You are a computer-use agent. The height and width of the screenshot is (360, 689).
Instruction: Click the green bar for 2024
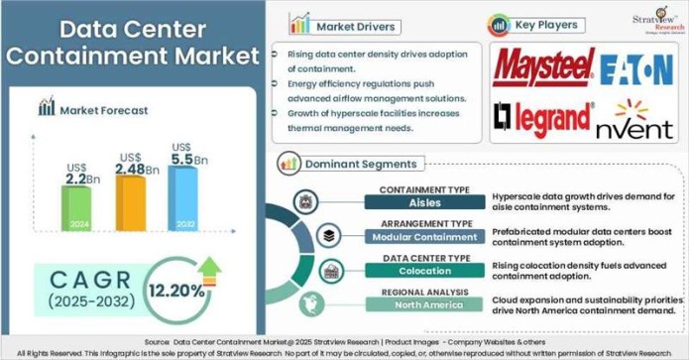click(x=76, y=208)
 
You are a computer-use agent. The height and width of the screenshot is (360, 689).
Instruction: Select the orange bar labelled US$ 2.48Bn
click(x=130, y=202)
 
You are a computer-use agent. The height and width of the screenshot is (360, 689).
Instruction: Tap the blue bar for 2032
click(x=182, y=198)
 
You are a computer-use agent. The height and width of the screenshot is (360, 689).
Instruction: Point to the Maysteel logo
click(x=542, y=67)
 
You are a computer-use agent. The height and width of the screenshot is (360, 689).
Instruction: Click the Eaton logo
click(x=636, y=68)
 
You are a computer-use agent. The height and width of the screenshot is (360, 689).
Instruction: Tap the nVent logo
click(x=634, y=120)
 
